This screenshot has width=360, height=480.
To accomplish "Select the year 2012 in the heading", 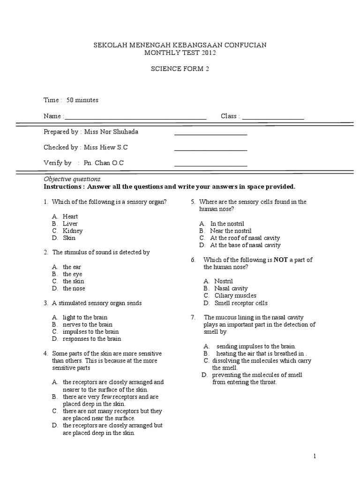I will click(x=209, y=53).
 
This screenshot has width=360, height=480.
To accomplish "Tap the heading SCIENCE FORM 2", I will click(x=180, y=68).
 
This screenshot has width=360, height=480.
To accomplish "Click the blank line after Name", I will click(x=135, y=117).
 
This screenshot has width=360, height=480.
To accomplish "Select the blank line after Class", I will click(x=273, y=117).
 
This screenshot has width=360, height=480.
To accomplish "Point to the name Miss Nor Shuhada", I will click(x=111, y=132).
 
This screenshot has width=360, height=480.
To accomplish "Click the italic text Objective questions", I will click(x=72, y=179).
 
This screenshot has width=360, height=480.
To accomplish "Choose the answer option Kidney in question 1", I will click(x=73, y=231).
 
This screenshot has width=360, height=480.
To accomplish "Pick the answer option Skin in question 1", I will click(x=69, y=238).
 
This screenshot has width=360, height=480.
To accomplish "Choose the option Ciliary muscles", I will click(x=235, y=296).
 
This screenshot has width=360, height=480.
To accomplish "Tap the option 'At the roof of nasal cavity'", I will click(x=245, y=238).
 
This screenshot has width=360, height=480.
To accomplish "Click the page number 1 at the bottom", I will click(x=315, y=456).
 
